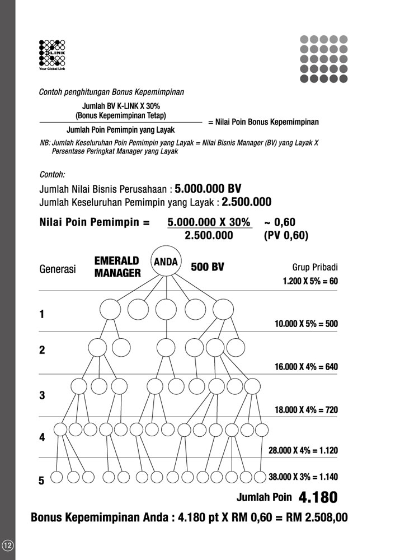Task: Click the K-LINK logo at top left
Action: (x=52, y=55)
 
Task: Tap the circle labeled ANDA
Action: (x=165, y=262)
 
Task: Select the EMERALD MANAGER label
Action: (x=117, y=267)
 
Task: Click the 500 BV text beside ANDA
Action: (x=208, y=267)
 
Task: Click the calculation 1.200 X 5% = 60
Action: (x=310, y=281)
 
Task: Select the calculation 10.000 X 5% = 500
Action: (x=306, y=324)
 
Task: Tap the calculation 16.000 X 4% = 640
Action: (x=306, y=367)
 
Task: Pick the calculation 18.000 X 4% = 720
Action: (x=306, y=409)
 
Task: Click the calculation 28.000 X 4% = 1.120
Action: (x=303, y=450)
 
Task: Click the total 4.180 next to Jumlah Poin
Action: (x=318, y=497)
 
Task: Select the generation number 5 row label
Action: (x=41, y=480)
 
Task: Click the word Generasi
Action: (x=58, y=269)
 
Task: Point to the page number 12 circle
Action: (x=8, y=545)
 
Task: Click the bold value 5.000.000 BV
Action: (x=208, y=188)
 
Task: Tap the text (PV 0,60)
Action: (x=286, y=235)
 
